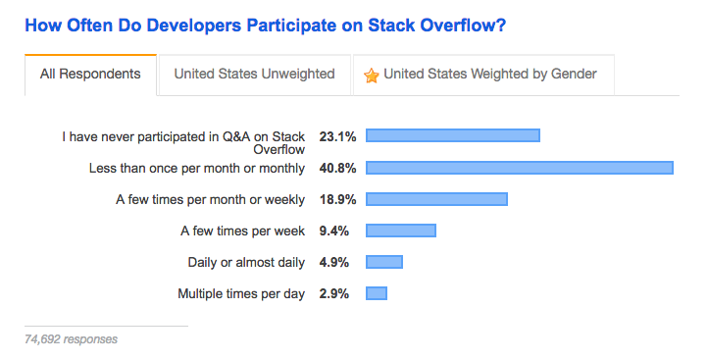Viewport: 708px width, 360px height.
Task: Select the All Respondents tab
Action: pyautogui.click(x=90, y=74)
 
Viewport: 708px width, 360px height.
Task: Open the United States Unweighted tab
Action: pyautogui.click(x=254, y=74)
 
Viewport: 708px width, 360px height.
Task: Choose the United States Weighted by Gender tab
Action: pyautogui.click(x=483, y=74)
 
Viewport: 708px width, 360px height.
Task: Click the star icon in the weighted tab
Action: pyautogui.click(x=372, y=75)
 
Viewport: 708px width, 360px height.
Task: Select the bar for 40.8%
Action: pyautogui.click(x=519, y=168)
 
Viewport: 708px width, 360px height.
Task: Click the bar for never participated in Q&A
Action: pyautogui.click(x=452, y=135)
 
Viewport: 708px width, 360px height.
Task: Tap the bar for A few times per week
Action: pyautogui.click(x=400, y=231)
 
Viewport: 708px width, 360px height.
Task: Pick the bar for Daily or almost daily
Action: pyautogui.click(x=384, y=262)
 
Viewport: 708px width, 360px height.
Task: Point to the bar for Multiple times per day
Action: pyautogui.click(x=377, y=293)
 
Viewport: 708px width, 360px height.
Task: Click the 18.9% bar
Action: pyautogui.click(x=436, y=199)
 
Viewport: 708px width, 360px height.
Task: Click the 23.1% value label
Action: pyautogui.click(x=337, y=135)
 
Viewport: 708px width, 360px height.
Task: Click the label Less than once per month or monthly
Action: pyautogui.click(x=197, y=168)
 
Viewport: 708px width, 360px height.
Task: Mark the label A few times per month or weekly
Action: pyautogui.click(x=210, y=199)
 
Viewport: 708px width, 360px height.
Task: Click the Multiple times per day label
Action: pyautogui.click(x=241, y=293)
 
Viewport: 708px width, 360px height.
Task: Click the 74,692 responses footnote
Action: pyautogui.click(x=71, y=339)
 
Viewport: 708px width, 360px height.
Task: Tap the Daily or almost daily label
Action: pyautogui.click(x=246, y=262)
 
